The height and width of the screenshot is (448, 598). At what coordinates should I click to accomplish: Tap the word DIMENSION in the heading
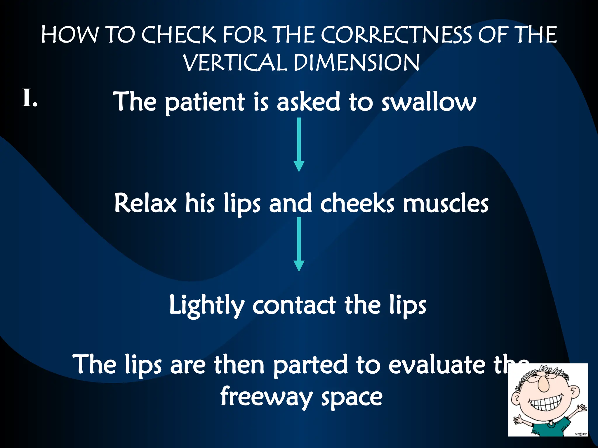point(357,63)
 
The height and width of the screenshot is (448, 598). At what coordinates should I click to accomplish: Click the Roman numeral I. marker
point(29,98)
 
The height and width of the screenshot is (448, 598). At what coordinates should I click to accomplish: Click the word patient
point(205,102)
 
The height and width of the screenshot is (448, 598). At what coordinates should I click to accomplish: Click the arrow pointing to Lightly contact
point(299,244)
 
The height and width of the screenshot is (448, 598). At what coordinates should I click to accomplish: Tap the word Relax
point(145,203)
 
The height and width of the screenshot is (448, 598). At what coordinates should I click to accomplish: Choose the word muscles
point(446,203)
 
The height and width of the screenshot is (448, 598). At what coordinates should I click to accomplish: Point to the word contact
point(294,306)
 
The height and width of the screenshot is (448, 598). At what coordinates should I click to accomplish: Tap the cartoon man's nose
point(544,384)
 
